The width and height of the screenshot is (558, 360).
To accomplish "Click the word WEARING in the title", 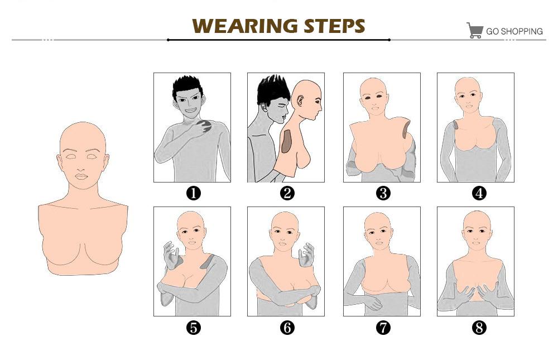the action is coord(245,26).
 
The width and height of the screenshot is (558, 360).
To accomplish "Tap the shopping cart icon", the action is coord(474,31).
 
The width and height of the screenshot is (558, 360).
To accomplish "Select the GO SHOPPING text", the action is coord(514,31).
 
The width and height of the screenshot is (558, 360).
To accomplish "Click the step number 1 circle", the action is coord(193,193).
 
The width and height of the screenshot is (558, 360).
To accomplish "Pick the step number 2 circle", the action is coord(287,193).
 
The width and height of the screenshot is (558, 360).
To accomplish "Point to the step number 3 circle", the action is coord(383,193).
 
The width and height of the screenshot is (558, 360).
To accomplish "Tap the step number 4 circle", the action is coord(479,193).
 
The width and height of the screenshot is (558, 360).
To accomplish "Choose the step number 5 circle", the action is coord(193,328).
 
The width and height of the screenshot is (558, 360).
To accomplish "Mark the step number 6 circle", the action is coord(287,328).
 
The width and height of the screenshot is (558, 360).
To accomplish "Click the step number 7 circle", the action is coord(383,328).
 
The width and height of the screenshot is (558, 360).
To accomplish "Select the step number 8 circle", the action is coord(479,328).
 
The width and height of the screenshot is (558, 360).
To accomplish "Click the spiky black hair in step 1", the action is coord(187,85).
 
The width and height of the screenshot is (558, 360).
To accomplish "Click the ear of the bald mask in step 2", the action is coord(300,100).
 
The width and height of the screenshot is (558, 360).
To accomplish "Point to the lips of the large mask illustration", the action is coord(81,176).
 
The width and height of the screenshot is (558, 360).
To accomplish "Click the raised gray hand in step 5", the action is coord(171,255).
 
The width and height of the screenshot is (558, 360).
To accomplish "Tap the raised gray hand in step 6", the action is coord(306,255).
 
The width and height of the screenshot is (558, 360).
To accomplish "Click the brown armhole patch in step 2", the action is coord(286,141).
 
